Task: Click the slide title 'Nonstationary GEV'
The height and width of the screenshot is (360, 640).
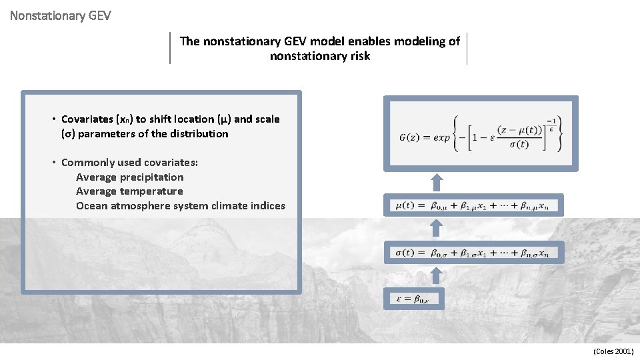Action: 60,14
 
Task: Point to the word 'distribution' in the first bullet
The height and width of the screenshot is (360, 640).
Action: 198,134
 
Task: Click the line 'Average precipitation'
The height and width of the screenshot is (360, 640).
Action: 129,177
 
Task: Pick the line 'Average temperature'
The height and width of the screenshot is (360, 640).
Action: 129,191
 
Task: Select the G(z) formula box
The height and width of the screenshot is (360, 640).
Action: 481,133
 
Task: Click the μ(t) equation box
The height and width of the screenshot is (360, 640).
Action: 476,205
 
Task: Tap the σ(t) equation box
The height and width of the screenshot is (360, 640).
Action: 476,253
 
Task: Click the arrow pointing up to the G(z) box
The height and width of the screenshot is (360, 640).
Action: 436,183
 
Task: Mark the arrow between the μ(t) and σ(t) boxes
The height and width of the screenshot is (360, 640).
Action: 436,229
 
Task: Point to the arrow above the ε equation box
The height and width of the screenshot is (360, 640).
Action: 436,275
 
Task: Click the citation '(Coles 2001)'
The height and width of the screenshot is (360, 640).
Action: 613,351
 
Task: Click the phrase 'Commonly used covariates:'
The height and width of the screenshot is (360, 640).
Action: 129,163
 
